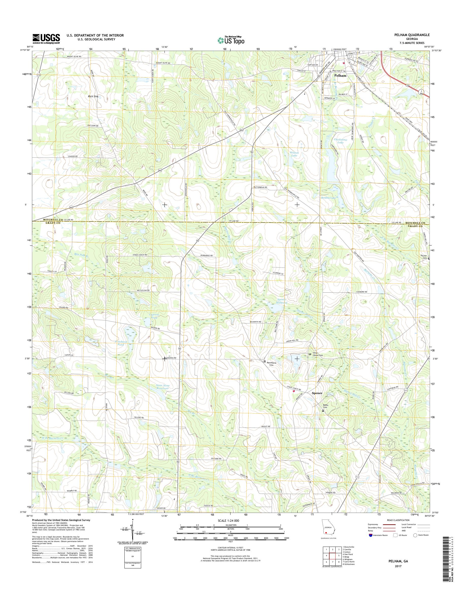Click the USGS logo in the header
tap(46, 39)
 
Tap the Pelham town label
tap(340, 76)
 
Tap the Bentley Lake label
tap(328, 198)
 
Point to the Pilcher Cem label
tap(423, 257)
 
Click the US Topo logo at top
tap(231, 40)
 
